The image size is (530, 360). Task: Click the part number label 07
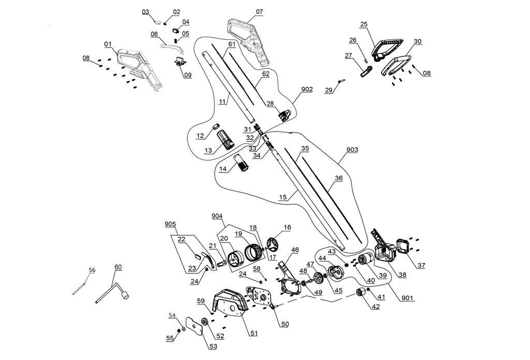tap(259, 11)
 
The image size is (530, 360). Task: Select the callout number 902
tap(307, 89)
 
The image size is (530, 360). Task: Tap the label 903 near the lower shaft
tap(352, 150)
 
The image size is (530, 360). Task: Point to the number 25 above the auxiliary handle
tap(364, 24)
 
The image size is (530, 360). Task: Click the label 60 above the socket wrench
tap(118, 267)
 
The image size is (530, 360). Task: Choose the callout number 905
tap(170, 224)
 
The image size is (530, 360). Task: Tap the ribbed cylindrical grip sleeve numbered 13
tap(225, 138)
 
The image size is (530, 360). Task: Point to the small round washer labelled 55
tap(179, 329)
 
